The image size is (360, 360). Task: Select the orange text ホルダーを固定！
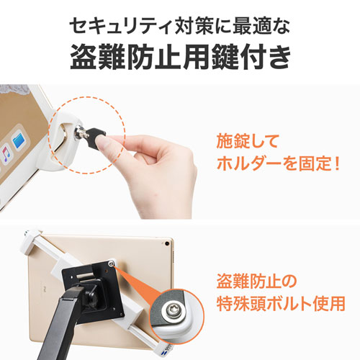coord(276,165)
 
